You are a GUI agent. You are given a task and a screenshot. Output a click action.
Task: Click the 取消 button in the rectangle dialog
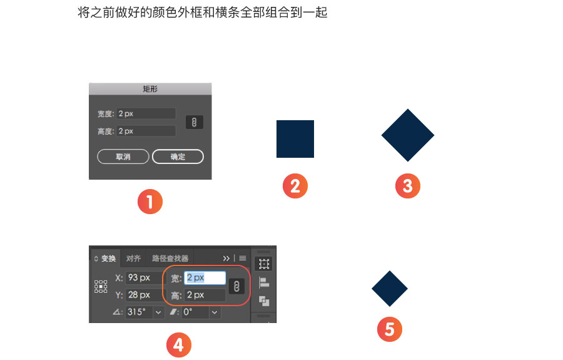123,157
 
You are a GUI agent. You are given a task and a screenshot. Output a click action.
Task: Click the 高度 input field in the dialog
146,131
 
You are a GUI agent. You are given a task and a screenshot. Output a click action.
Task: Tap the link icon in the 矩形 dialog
195,122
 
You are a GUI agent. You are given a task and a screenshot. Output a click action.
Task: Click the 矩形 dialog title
150,89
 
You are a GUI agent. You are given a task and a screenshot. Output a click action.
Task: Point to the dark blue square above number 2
295,139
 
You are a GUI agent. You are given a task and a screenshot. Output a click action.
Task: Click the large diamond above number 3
408,135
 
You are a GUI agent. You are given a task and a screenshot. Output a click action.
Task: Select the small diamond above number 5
390,289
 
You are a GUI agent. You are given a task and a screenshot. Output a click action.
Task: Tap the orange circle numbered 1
150,202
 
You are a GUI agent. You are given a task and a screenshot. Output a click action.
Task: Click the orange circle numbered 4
179,345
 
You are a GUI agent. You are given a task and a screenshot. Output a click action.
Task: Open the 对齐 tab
133,259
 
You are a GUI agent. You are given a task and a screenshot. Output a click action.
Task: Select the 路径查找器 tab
170,259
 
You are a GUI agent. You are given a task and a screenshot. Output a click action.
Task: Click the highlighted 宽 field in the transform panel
205,278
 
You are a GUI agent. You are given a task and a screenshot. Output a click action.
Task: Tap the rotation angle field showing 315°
140,312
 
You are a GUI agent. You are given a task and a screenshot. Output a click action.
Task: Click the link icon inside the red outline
236,286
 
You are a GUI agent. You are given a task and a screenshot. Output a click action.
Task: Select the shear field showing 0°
195,312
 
